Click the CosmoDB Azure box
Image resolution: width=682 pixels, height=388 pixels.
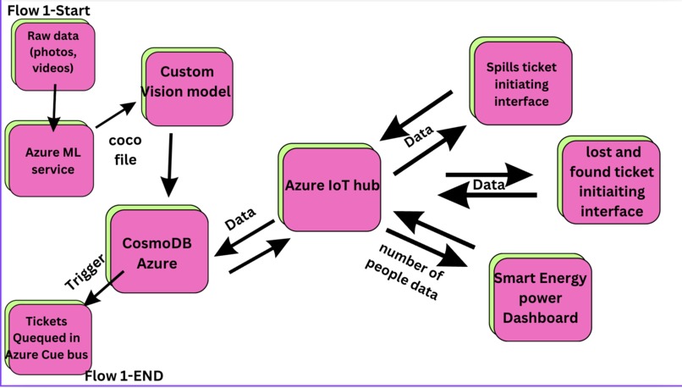click(x=157, y=252)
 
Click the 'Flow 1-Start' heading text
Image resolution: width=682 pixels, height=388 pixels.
click(x=48, y=10)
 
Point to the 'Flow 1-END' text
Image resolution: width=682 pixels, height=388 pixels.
click(x=124, y=376)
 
